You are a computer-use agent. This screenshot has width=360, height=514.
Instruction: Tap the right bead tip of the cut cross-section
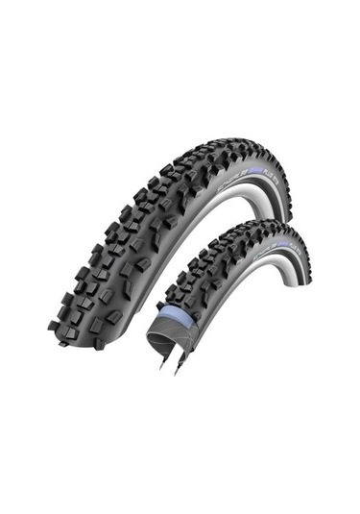[x=177, y=373]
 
